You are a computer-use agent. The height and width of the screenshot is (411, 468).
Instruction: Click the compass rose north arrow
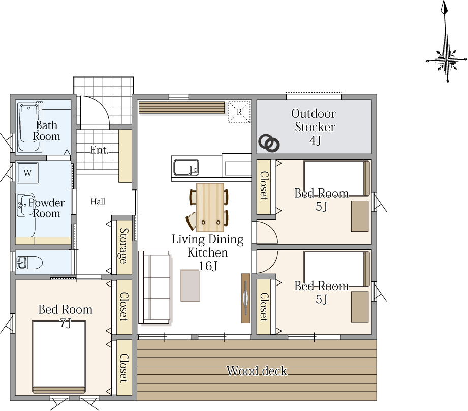[x=446, y=42]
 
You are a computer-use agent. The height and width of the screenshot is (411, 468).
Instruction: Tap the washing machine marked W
[x=27, y=173]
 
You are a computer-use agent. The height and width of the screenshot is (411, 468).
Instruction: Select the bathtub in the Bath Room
[x=28, y=128]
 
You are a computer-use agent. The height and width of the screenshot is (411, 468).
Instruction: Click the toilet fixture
[x=29, y=263]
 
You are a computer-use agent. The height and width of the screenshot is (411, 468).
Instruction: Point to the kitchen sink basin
[x=186, y=168]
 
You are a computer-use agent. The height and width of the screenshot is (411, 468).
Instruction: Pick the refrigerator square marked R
[x=239, y=112]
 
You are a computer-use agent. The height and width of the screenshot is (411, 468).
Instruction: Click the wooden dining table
[x=210, y=207]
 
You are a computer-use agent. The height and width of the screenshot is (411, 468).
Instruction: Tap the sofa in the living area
[x=155, y=287]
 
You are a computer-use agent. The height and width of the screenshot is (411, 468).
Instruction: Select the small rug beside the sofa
[x=190, y=286]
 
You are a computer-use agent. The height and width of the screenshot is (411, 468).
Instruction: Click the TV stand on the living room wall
[x=245, y=298]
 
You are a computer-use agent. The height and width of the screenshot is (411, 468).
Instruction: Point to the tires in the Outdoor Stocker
[x=269, y=143]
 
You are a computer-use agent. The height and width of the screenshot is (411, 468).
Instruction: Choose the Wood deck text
[x=257, y=371]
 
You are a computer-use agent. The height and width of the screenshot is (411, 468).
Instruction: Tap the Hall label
[x=98, y=202]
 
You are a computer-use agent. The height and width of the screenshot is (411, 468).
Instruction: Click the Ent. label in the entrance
[x=100, y=150]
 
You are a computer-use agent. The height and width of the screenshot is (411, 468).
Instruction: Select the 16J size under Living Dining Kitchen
[x=208, y=266]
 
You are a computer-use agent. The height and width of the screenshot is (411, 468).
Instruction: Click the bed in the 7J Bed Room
[x=59, y=357]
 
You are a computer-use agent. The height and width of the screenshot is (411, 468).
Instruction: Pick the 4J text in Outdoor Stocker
[x=315, y=140]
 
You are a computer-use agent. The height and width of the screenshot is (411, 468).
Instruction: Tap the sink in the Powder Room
[x=26, y=205]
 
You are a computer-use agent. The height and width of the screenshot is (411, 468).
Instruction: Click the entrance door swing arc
[x=103, y=105]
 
